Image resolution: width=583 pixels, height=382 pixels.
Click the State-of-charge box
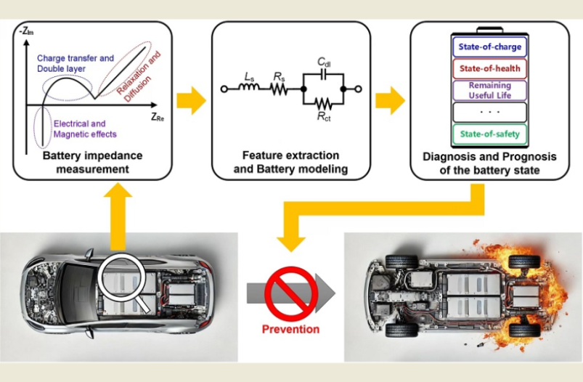pos(488,48)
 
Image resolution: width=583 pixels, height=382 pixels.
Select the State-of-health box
pos(488,69)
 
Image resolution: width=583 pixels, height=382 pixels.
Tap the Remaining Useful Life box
pos(488,90)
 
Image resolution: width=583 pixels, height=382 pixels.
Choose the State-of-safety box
pos(488,134)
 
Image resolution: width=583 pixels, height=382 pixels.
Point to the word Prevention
pos(290,329)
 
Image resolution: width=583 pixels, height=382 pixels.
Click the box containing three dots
pos(488,112)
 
